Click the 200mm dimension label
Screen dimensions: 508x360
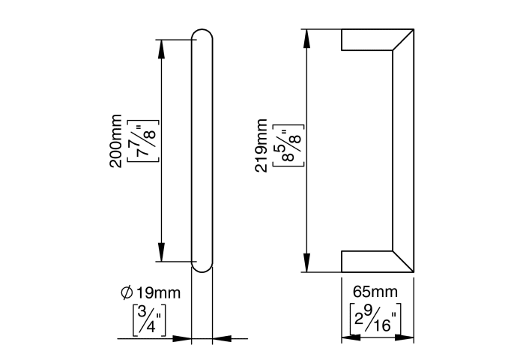tap(115, 141)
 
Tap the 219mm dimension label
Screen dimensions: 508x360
tap(261, 145)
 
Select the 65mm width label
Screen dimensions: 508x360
tap(375, 292)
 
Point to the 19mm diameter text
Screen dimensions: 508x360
tap(158, 292)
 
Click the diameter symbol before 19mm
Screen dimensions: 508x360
tap(127, 292)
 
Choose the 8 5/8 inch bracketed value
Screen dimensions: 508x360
tap(288, 145)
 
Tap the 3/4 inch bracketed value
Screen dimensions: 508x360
tap(149, 320)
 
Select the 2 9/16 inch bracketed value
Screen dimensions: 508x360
tap(375, 319)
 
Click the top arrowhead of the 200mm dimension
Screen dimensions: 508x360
tap(161, 49)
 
